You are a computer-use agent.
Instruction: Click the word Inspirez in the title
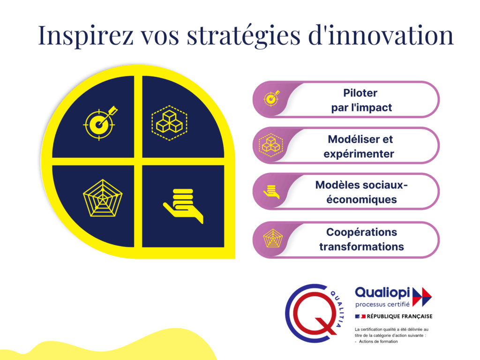coord(85,36)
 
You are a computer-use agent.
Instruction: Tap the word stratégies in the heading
coord(243,36)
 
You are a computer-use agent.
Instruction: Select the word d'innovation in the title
coord(381,35)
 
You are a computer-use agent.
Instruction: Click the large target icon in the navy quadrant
coord(100,123)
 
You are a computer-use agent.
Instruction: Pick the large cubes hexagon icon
coord(169,123)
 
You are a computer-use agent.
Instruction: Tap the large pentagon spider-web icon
coord(103,198)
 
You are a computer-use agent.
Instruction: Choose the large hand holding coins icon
coord(183,206)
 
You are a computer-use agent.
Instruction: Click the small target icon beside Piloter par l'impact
coord(272,98)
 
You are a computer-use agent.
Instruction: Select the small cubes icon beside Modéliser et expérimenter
coord(271,145)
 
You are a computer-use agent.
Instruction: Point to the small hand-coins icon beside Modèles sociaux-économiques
coord(271,192)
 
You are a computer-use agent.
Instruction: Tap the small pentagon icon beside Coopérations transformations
coord(273,238)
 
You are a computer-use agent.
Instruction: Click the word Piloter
coord(360,93)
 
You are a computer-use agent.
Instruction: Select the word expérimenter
coord(359,154)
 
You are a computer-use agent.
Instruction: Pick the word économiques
coord(361,200)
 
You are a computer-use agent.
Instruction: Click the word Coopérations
coord(361,232)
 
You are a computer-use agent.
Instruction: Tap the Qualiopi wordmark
coord(382,293)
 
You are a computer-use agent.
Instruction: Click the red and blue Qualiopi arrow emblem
coord(422,297)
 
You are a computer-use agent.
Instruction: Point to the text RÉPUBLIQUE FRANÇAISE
coord(399,316)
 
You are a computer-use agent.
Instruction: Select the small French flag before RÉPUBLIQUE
coord(360,316)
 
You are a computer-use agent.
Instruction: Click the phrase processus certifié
coord(382,304)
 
